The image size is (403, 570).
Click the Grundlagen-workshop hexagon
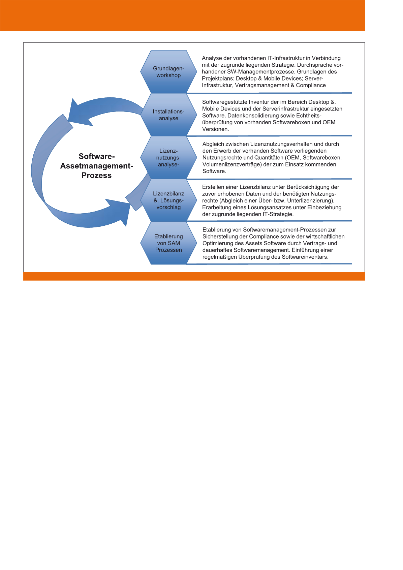(x=168, y=72)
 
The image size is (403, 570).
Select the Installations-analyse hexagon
(x=168, y=115)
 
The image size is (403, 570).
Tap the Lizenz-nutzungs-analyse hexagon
(x=168, y=158)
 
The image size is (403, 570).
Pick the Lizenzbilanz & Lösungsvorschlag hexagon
(x=168, y=200)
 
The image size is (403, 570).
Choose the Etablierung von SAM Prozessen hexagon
(x=168, y=243)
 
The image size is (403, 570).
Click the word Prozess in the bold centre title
(x=96, y=176)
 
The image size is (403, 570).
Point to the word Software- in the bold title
(x=97, y=156)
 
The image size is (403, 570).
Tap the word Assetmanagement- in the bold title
(x=97, y=166)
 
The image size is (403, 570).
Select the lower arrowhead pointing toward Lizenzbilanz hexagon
(x=121, y=211)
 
